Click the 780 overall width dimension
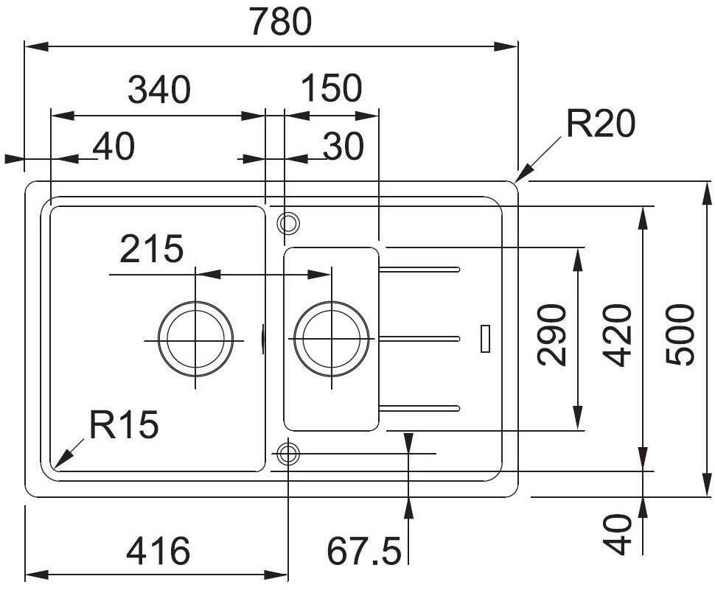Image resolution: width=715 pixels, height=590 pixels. [x=281, y=21]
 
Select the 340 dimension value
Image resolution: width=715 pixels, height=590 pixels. [x=159, y=89]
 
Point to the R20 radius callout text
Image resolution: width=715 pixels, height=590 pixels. [x=601, y=123]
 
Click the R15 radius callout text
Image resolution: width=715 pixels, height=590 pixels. [x=124, y=424]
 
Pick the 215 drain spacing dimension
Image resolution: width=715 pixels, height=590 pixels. [x=151, y=248]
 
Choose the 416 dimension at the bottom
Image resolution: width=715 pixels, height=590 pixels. [x=158, y=550]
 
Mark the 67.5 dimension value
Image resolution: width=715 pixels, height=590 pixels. [x=364, y=550]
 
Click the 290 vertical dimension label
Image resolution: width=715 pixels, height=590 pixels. [x=552, y=335]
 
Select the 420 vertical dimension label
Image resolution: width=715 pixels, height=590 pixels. [x=618, y=336]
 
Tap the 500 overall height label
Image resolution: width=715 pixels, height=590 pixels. [x=680, y=335]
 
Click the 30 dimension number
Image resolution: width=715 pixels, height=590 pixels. [x=343, y=147]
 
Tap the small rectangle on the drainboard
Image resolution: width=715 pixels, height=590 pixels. [x=486, y=339]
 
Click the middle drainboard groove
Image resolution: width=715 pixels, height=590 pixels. [x=419, y=339]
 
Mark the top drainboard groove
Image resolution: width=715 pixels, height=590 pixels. [x=419, y=270]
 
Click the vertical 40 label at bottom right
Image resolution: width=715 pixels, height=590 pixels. [x=618, y=535]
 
